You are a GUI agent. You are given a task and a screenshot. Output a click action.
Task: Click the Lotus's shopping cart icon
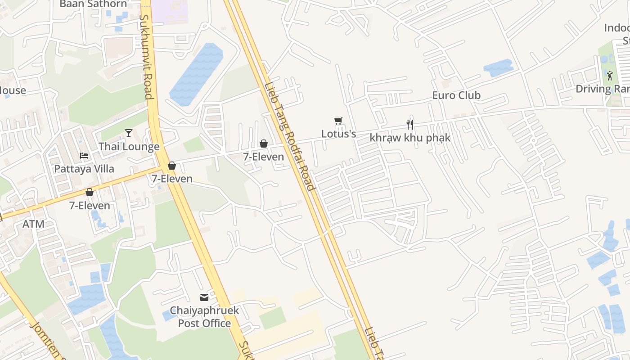[x=338, y=121]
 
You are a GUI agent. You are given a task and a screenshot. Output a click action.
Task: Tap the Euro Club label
[x=456, y=95]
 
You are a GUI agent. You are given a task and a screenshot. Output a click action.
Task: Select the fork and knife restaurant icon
[x=409, y=125]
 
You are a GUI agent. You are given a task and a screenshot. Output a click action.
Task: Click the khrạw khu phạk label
[x=409, y=138]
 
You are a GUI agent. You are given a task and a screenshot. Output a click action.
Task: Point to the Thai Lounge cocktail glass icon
[x=129, y=133]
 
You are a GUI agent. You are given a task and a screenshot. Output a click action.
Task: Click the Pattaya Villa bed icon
[x=84, y=156]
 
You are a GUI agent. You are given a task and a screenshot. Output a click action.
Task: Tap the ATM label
[x=34, y=224]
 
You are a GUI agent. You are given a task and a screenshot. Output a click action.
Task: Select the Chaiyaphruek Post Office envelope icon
[x=204, y=297]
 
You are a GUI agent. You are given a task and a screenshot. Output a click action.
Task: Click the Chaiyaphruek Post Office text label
[x=204, y=317]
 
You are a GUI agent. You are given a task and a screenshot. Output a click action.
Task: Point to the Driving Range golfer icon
[x=610, y=76]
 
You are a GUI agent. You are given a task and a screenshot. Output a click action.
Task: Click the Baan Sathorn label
[x=93, y=4]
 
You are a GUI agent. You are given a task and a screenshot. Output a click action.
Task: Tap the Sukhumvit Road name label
[x=146, y=57]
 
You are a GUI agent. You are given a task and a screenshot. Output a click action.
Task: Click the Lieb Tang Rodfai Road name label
[x=289, y=136]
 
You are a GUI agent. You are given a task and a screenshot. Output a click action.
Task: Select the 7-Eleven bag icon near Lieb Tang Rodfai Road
[x=264, y=144]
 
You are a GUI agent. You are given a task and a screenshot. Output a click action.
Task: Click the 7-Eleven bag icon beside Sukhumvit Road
[x=171, y=166]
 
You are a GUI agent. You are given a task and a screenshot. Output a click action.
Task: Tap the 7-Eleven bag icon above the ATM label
[x=90, y=192]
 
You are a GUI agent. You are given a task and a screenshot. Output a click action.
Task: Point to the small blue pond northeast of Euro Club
[x=498, y=68]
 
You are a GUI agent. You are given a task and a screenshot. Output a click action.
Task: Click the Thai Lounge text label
[x=129, y=147]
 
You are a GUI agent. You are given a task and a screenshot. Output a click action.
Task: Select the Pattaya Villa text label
[x=84, y=169]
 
